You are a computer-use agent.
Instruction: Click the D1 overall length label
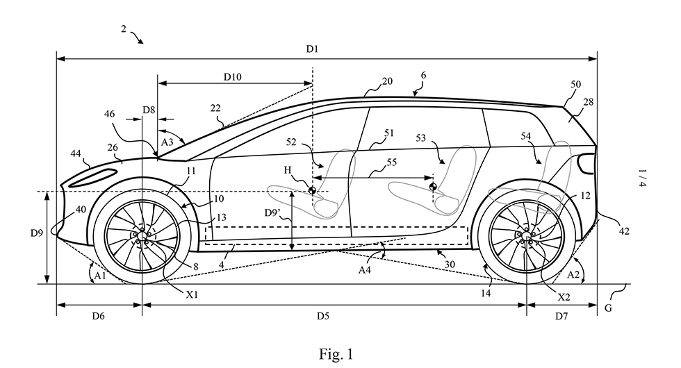click(312, 49)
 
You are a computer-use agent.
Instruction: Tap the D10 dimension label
click(232, 77)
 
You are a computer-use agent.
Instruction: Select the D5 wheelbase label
click(322, 315)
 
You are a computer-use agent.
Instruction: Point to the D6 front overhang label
click(98, 315)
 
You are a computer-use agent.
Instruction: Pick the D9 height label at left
click(37, 233)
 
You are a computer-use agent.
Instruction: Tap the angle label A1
click(100, 276)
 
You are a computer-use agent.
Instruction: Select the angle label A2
click(573, 274)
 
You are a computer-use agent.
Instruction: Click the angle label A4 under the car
click(365, 270)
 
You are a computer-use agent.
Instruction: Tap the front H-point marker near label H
click(312, 190)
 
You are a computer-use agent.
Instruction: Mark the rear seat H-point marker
click(432, 187)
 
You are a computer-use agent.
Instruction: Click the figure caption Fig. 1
click(336, 354)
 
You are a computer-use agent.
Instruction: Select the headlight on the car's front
click(93, 178)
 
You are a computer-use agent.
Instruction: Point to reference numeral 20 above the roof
click(387, 81)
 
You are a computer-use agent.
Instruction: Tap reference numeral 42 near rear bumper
click(624, 231)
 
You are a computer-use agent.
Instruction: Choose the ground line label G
click(608, 308)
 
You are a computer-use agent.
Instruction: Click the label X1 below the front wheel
click(192, 294)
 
